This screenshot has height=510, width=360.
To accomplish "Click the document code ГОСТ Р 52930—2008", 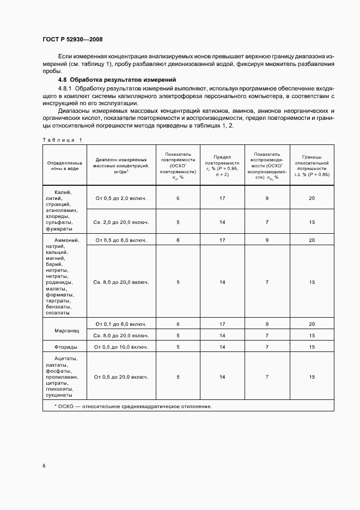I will click(72, 39).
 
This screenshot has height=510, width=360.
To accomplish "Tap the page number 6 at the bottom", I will click(44, 465).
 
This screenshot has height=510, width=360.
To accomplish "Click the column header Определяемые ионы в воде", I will click(65, 166).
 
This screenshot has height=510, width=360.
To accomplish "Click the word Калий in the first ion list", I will click(63, 192).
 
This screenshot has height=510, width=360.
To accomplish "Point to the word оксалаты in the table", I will click(58, 313).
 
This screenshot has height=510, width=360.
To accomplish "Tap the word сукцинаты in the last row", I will click(58, 396).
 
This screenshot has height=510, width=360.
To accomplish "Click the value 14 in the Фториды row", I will click(222, 347).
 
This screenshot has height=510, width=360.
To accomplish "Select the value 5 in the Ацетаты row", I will click(178, 377).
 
